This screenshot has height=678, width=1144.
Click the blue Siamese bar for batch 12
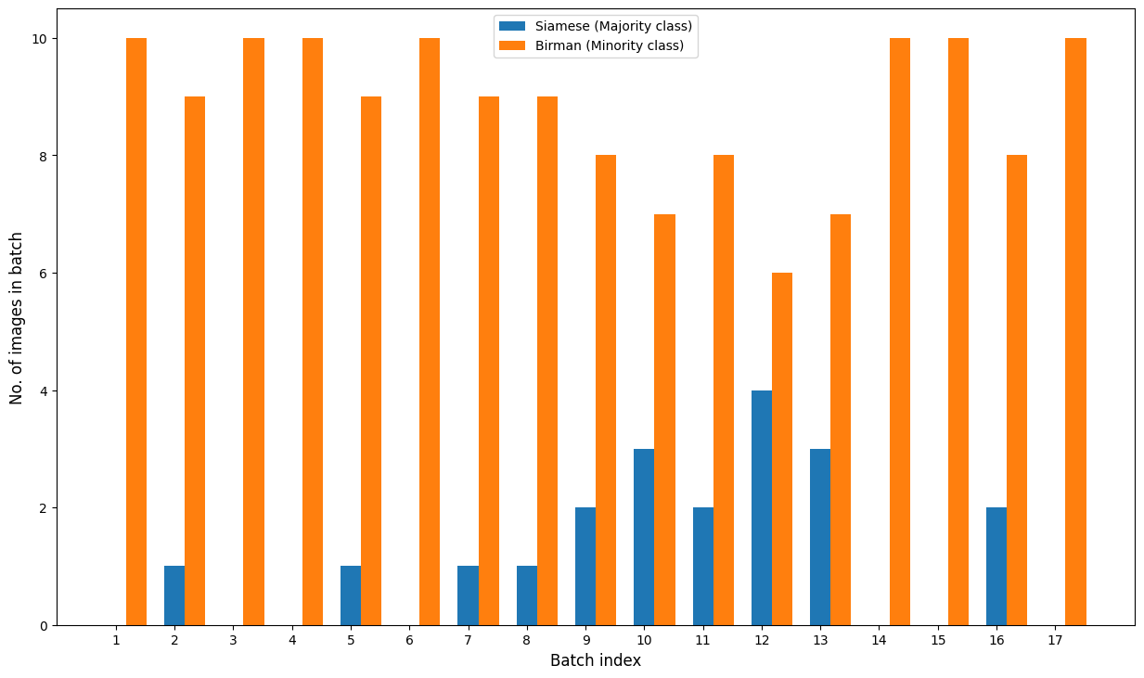761,507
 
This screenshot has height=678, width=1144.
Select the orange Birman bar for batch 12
782,449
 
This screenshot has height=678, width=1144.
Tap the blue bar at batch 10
644,537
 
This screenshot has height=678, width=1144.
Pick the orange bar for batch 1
136,331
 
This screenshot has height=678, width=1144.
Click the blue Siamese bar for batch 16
996,567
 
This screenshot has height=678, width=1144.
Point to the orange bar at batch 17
1075,331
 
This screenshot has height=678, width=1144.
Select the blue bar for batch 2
174,595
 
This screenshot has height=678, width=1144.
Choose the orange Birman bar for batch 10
664,419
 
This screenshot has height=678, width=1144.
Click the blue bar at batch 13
820,537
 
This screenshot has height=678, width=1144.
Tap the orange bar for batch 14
899,331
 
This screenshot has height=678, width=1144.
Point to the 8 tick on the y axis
42,156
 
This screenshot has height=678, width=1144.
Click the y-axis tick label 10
38,39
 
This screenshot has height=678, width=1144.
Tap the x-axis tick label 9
585,641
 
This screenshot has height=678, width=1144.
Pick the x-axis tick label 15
938,641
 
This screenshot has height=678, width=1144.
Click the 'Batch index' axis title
595,660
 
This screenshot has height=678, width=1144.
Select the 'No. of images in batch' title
17,317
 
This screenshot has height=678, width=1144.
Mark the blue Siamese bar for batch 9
585,567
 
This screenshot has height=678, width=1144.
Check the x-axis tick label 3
233,641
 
